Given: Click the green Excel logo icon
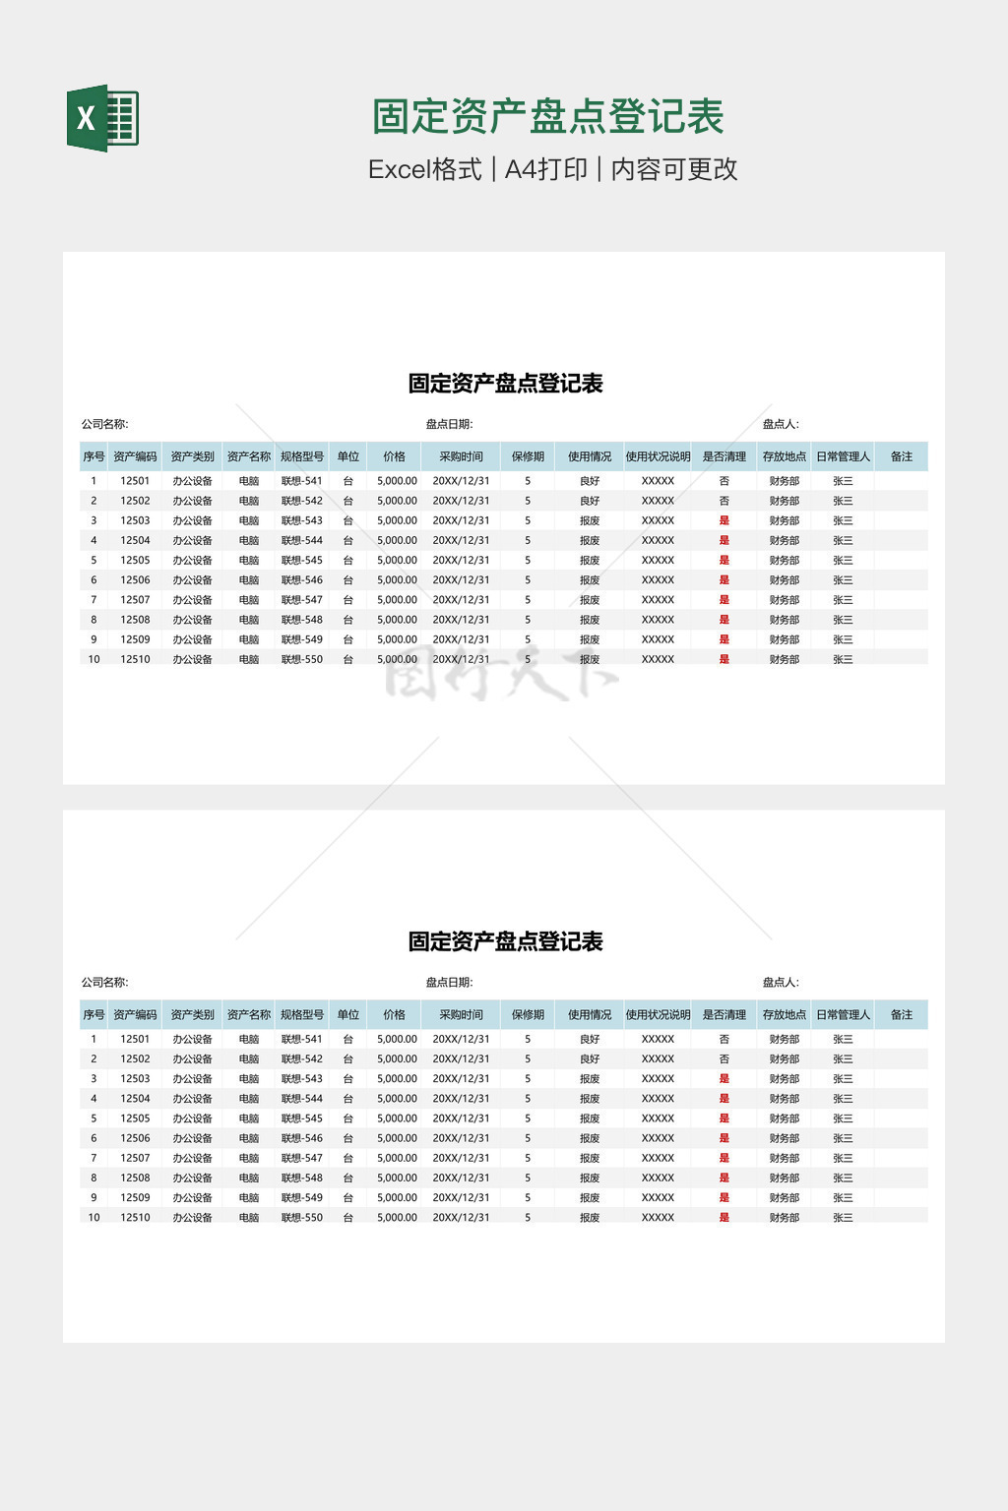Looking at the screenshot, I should point(102,118).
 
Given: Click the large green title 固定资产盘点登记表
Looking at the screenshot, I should point(547,117).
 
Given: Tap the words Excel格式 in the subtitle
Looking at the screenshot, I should point(424,169).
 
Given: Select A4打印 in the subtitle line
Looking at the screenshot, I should point(545,169).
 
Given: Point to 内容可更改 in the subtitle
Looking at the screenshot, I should point(674,169).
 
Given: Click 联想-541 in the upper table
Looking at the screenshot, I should point(301,481).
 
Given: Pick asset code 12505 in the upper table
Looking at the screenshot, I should point(135,560).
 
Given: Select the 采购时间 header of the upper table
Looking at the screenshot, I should point(461,456).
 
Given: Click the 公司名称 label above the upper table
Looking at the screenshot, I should point(104,424).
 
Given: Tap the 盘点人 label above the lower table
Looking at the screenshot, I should point(781,982).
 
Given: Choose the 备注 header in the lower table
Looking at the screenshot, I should point(901,1014).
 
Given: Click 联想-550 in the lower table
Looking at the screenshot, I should point(301,1217).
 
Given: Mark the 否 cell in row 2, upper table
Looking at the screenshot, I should point(724,501).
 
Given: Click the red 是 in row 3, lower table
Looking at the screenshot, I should point(724,1078).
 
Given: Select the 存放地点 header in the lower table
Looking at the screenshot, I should point(784,1014).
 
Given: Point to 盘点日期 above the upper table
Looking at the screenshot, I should point(449,424).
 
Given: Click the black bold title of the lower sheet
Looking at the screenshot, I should point(505,941).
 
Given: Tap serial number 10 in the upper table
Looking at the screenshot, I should point(94,659).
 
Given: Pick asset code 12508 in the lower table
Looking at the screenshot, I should point(135,1178).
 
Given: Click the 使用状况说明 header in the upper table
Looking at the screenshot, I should point(658,456).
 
